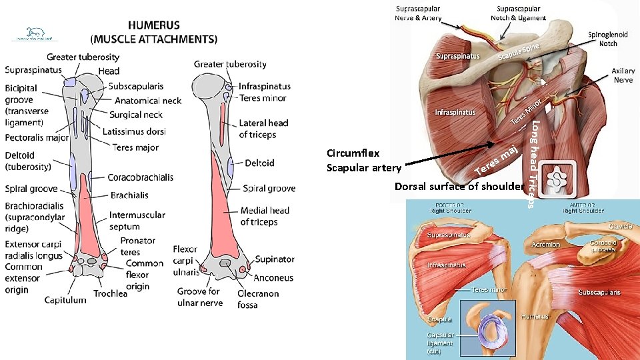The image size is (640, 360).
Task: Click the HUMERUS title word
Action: tap(154, 25)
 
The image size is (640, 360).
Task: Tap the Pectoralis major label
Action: tap(37, 138)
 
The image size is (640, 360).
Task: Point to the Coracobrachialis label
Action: tap(141, 177)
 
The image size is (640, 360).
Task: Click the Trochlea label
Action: tap(110, 293)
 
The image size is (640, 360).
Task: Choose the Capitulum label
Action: tap(65, 300)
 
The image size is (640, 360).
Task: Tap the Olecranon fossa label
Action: tap(258, 299)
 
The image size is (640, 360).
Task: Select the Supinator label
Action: tap(275, 259)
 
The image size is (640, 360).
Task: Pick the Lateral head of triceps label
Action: tap(263, 129)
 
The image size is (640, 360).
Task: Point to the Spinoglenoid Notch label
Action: tap(603, 39)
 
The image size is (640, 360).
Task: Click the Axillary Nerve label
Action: tap(623, 75)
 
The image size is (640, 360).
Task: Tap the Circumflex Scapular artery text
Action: tap(363, 161)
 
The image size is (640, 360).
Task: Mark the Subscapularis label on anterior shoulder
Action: tap(599, 292)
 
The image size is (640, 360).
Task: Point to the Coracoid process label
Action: tap(603, 247)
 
